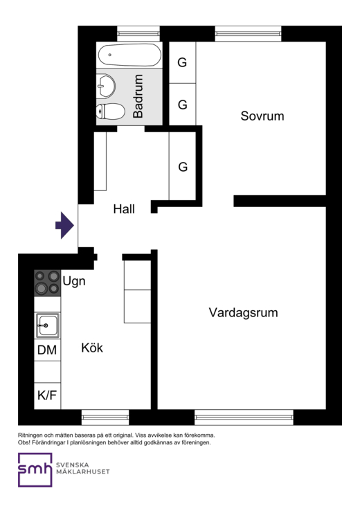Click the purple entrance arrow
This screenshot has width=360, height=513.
click(65, 226)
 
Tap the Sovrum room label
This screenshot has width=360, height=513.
click(262, 116)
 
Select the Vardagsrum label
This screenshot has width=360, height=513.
click(243, 313)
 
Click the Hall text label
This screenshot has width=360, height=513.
click(124, 209)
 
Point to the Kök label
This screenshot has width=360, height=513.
click(92, 348)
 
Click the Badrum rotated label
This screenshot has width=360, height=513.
click(138, 96)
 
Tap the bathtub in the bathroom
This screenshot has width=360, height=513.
click(129, 55)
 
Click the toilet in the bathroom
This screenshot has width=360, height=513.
click(110, 111)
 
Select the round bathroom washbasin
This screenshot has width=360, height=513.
click(106, 86)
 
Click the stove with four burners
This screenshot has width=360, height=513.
click(48, 283)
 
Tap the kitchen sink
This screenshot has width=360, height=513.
click(48, 325)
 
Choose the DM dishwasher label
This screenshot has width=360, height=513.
click(47, 350)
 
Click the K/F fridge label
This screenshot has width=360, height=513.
click(47, 395)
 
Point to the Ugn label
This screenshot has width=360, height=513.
click(74, 281)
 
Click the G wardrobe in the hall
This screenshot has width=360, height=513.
click(183, 167)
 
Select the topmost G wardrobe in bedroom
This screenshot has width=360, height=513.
click(182, 62)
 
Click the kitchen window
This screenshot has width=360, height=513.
click(105, 417)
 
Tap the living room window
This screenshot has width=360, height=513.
click(244, 417)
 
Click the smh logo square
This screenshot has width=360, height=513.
click(35, 470)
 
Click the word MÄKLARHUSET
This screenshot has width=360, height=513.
click(83, 471)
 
